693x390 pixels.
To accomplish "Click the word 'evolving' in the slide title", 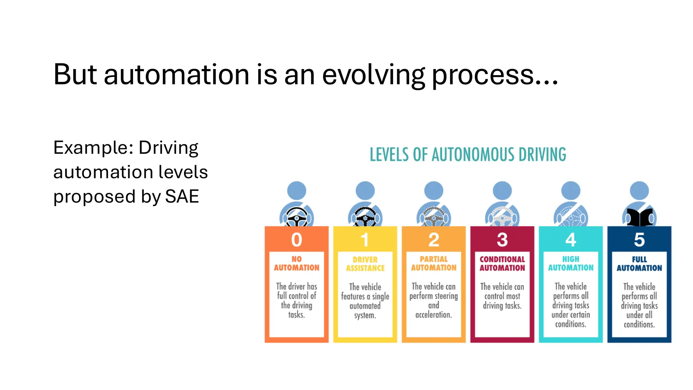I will click(x=373, y=75).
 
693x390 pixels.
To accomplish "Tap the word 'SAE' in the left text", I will click(x=182, y=196).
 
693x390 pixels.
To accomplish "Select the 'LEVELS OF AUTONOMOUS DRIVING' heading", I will click(x=468, y=155).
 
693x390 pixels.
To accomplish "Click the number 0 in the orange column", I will click(x=297, y=240).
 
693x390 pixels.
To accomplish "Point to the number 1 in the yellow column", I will click(x=365, y=240).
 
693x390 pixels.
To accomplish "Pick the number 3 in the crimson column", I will click(x=502, y=240).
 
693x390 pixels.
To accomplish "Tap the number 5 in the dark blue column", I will click(x=639, y=240).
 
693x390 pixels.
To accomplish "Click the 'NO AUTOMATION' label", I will click(x=297, y=263).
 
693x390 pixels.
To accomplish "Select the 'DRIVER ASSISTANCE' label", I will click(x=365, y=264).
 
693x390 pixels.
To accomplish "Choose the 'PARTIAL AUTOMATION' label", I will click(x=434, y=263).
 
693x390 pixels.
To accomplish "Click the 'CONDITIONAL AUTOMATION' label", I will click(x=502, y=263).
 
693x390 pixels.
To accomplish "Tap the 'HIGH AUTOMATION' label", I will click(x=571, y=263).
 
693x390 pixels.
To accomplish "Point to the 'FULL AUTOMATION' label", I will click(x=639, y=264).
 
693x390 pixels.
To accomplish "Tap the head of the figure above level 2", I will click(x=434, y=190).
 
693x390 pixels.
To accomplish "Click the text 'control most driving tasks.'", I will click(x=502, y=301).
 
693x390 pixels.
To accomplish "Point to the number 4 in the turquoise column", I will click(x=571, y=240).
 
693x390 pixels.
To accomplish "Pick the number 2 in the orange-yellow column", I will click(x=434, y=240).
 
